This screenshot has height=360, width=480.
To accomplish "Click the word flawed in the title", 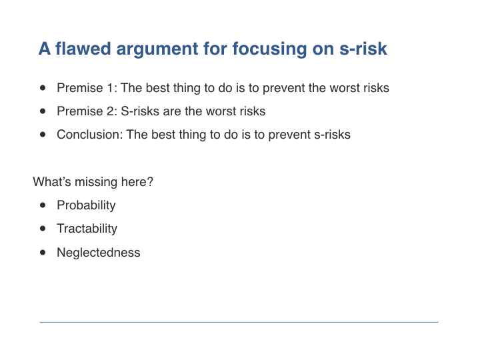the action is click(x=83, y=49).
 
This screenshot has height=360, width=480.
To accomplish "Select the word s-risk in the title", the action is click(x=363, y=49).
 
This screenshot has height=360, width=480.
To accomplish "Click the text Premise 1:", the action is click(x=87, y=88).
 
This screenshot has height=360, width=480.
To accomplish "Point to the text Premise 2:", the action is click(x=87, y=111).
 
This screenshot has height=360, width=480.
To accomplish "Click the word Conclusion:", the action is click(x=90, y=135).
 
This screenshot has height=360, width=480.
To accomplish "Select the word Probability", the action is click(x=86, y=205).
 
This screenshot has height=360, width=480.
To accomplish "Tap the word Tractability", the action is click(x=87, y=229).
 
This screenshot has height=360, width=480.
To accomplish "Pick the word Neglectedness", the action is click(x=99, y=253).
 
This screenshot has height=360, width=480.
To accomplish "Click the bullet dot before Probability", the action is click(x=43, y=205).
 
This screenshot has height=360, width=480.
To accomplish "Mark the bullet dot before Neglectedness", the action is click(x=43, y=253).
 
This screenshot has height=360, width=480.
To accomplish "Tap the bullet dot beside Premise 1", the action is click(x=43, y=88).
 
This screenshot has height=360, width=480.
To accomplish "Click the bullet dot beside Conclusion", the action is click(x=43, y=135).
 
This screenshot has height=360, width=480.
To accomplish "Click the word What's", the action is click(x=52, y=181).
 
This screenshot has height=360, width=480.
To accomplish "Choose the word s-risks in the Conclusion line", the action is click(x=332, y=135).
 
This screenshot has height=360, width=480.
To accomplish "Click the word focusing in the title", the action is click(x=269, y=49).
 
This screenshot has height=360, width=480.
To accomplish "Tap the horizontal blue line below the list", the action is click(x=239, y=322).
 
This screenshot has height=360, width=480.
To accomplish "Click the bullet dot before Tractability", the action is click(x=43, y=229).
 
